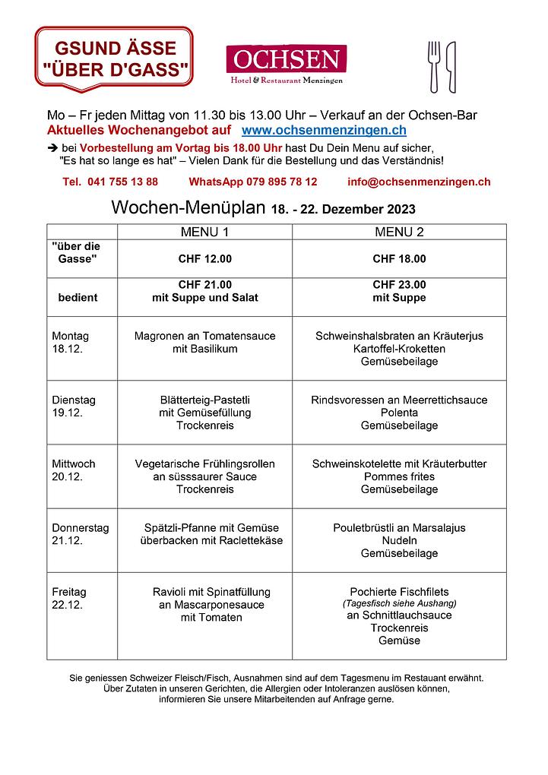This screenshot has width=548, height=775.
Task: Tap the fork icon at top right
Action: (x=435, y=65)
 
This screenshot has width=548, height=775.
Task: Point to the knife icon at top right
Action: (x=451, y=67)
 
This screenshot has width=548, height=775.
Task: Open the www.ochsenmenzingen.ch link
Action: (x=323, y=131)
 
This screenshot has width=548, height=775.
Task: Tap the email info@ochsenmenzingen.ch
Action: (x=419, y=182)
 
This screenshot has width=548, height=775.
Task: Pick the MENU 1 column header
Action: (x=204, y=232)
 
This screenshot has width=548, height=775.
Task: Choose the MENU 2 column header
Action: (x=399, y=232)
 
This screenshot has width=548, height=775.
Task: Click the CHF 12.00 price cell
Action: (x=204, y=259)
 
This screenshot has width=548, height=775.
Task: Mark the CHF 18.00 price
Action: (x=399, y=259)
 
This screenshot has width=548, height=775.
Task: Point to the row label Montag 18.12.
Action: (x=70, y=342)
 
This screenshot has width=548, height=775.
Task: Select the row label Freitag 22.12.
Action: (x=69, y=598)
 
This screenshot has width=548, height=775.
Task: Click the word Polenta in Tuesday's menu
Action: (x=399, y=413)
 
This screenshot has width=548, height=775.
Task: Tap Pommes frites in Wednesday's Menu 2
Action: (x=399, y=476)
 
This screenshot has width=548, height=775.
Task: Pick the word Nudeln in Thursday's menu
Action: (x=399, y=540)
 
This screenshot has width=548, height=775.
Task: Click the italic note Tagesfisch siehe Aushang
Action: (x=399, y=603)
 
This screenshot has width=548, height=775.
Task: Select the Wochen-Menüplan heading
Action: (x=189, y=208)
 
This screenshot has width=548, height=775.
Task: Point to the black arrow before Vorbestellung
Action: (x=52, y=147)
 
